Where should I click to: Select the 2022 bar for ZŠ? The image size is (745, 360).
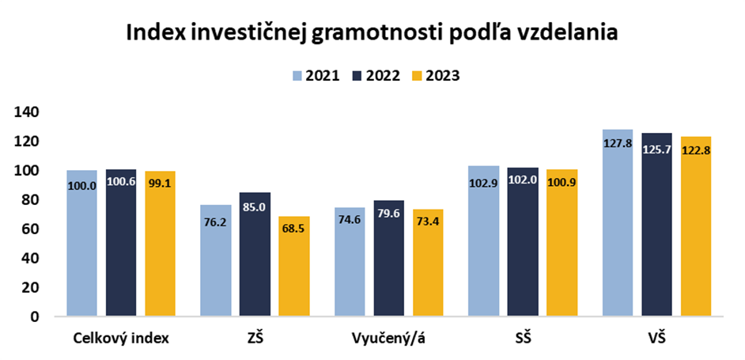[255, 254]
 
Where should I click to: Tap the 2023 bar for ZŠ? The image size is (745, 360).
[293, 266]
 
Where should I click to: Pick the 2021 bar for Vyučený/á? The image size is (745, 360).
[350, 262]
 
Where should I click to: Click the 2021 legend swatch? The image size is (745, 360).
[297, 76]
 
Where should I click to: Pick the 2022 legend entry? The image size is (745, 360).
[375, 76]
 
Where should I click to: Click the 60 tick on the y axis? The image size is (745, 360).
[31, 229]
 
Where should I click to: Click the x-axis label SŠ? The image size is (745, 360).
[522, 339]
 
